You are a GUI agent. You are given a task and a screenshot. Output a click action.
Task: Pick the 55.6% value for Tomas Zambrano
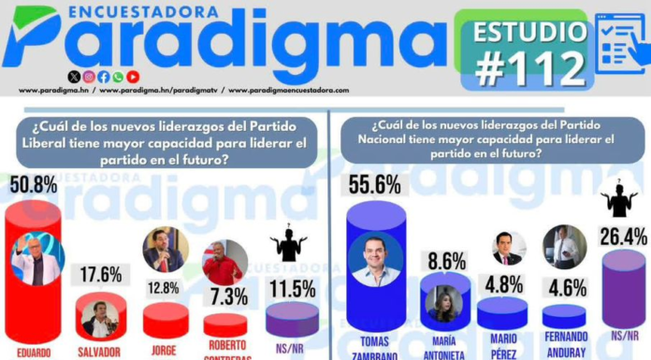tap(374, 185)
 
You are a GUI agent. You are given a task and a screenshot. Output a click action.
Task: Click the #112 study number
tap(530, 68)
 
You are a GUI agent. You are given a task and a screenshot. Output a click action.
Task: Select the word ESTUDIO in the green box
tap(524, 31)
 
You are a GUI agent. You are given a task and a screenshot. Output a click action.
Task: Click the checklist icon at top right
tap(618, 42)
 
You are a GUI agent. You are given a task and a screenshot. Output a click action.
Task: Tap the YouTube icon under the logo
tap(133, 76)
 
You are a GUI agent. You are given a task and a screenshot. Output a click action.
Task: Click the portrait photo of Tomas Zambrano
tap(376, 259)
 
